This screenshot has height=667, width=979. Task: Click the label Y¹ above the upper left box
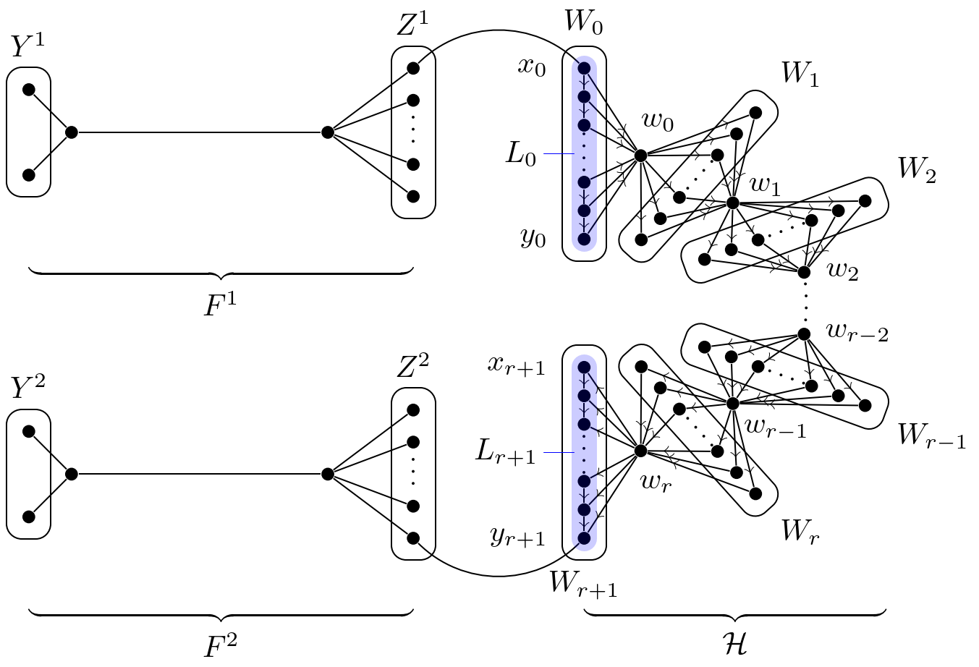27,47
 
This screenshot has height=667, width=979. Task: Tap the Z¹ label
412,27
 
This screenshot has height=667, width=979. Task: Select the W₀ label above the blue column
583,24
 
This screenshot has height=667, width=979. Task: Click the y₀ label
533,238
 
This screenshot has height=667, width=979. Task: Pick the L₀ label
521,155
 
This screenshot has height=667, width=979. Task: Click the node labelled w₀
640,155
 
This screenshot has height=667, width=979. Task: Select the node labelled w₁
732,203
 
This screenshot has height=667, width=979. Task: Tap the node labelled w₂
803,273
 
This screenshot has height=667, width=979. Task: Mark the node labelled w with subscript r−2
803,333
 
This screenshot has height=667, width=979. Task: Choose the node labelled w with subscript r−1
732,403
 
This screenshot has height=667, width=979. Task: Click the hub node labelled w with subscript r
640,451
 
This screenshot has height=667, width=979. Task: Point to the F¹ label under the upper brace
220,306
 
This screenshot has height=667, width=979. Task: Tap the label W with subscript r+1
582,583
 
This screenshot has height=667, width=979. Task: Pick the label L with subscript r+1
506,452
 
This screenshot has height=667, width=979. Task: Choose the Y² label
27,388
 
